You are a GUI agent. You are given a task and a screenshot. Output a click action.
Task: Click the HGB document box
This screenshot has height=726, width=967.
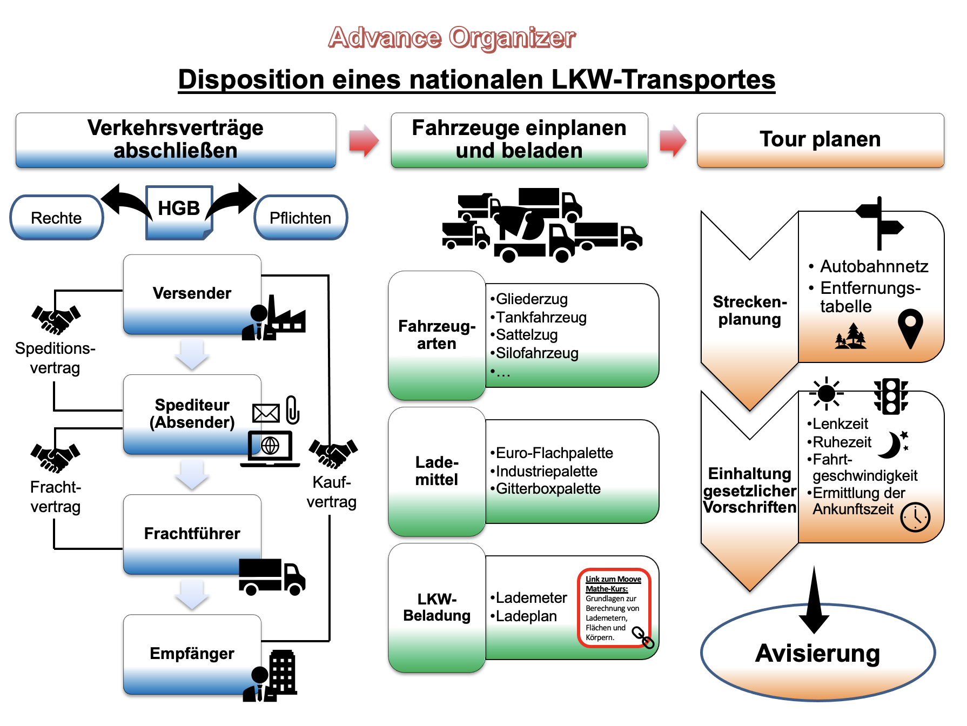(179, 211)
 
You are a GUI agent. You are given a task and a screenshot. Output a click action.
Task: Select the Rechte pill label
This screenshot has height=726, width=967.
(56, 218)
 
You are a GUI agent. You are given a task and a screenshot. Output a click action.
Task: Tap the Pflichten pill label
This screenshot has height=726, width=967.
(300, 218)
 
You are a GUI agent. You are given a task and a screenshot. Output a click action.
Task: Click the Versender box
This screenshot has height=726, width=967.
(192, 293)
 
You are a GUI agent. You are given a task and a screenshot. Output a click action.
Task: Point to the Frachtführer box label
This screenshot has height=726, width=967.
(192, 534)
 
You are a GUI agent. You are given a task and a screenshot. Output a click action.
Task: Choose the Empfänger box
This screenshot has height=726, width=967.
(192, 654)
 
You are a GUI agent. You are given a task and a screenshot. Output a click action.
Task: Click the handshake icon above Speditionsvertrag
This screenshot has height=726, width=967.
(56, 319)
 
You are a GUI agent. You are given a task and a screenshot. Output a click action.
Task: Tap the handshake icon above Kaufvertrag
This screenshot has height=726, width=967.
(333, 453)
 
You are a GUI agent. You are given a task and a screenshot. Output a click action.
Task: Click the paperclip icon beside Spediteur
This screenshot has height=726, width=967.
(292, 409)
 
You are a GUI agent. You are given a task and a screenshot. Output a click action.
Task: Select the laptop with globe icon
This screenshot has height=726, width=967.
(270, 448)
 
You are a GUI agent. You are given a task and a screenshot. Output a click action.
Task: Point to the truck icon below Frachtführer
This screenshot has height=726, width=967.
(272, 577)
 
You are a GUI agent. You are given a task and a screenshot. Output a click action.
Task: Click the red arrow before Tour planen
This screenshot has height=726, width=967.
(673, 140)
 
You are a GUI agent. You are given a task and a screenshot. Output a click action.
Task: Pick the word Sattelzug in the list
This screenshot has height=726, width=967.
(527, 335)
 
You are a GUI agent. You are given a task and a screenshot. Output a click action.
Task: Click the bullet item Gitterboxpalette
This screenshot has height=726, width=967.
(548, 489)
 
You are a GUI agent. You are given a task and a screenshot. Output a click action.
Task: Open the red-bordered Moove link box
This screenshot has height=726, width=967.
(614, 608)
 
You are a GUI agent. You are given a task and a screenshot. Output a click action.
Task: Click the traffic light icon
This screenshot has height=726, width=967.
(891, 396)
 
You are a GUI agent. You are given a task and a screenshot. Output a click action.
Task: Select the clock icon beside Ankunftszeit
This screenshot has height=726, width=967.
(915, 517)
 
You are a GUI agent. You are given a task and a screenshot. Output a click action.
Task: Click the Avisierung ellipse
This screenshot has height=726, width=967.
(817, 653)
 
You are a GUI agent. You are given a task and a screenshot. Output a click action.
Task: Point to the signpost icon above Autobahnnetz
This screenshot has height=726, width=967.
(879, 223)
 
